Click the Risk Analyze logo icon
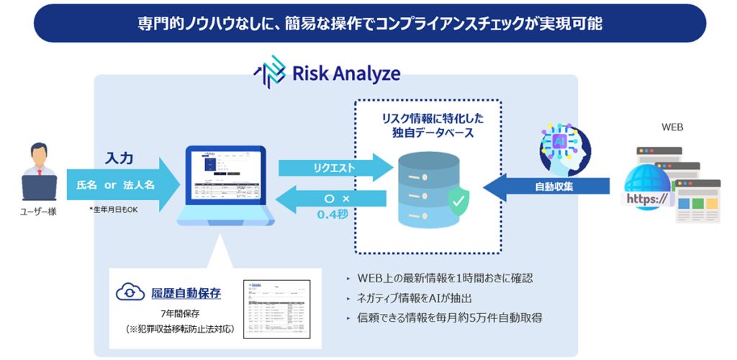pyautogui.click(x=269, y=74)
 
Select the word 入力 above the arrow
pyautogui.click(x=119, y=158)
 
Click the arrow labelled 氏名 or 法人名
pyautogui.click(x=122, y=185)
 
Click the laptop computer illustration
pyautogui.click(x=226, y=187)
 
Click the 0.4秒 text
pyautogui.click(x=333, y=213)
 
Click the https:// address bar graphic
pyautogui.click(x=647, y=197)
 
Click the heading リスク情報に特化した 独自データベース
pyautogui.click(x=428, y=124)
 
